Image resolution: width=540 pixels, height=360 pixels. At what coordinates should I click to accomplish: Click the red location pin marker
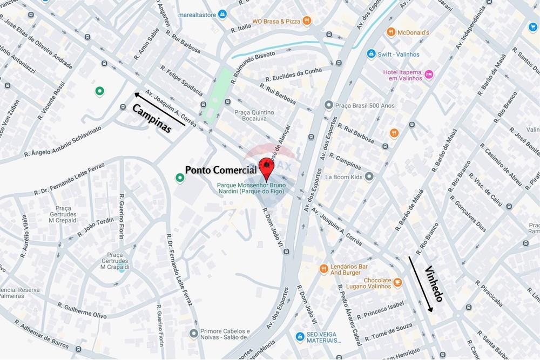tap(266, 167)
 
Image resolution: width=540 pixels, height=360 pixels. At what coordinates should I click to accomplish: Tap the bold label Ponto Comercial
tap(221, 169)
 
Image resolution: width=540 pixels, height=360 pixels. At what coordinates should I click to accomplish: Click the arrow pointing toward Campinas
tap(158, 108)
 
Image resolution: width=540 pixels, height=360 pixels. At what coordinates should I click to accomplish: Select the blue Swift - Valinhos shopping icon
tap(370, 53)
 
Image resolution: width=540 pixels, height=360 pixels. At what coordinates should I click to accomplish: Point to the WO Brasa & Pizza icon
tap(307, 21)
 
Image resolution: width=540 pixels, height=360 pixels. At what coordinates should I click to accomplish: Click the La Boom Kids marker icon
tap(369, 176)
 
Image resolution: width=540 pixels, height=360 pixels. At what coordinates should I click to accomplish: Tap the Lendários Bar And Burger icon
tap(323, 268)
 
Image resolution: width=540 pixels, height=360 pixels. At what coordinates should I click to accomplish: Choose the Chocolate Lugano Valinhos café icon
tap(397, 282)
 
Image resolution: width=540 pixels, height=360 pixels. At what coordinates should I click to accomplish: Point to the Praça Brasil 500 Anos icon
tap(328, 105)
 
